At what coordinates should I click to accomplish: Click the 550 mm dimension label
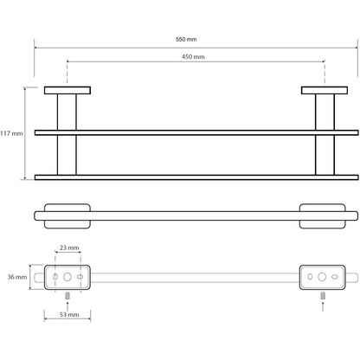pyautogui.click(x=186, y=39)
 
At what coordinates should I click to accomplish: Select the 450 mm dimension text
pyautogui.click(x=193, y=57)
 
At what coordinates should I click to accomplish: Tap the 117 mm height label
pyautogui.click(x=11, y=133)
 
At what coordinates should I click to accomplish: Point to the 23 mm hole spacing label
pyautogui.click(x=69, y=247)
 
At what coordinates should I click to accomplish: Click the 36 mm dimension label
pyautogui.click(x=17, y=277)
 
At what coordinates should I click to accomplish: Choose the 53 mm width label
pyautogui.click(x=69, y=315)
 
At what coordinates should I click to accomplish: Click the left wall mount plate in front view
pyautogui.click(x=67, y=90)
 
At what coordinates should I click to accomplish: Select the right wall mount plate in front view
pyautogui.click(x=325, y=90)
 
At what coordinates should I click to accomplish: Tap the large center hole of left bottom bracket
pyautogui.click(x=67, y=277)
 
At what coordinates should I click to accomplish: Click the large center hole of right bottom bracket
pyautogui.click(x=322, y=277)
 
